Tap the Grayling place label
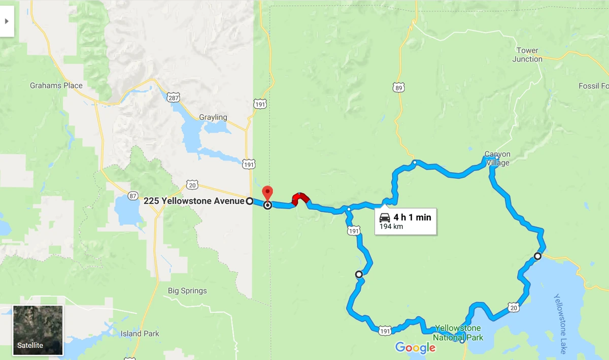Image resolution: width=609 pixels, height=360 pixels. tap(213, 117)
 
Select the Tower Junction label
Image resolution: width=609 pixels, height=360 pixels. tap(527, 55)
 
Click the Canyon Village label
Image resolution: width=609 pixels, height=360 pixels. tap(497, 158)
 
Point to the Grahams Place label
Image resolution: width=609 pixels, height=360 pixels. tap(56, 85)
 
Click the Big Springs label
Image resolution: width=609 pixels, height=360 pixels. tap(187, 291)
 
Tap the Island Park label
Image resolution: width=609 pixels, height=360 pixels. tap(140, 334)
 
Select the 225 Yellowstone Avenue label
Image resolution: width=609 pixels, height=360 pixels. tap(194, 201)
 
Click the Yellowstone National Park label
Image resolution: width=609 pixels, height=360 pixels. tap(459, 333)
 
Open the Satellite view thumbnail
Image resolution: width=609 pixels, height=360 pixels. tap(38, 330)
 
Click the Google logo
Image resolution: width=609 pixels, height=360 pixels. tap(415, 348)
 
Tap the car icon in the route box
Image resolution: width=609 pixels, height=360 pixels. tap(385, 218)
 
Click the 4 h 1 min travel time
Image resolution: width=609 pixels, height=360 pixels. tap(412, 217)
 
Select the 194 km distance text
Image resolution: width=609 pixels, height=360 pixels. tap(391, 226)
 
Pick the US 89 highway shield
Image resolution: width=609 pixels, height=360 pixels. tap(398, 87)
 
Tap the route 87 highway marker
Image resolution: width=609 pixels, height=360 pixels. tap(132, 196)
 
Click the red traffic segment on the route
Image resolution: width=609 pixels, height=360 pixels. tap(300, 198)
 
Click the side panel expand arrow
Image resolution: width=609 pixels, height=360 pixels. tap(7, 21)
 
